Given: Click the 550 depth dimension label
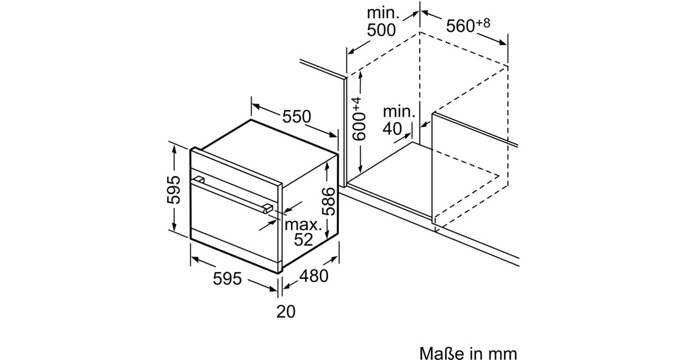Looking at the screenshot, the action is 297,117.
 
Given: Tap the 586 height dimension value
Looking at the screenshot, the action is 329,201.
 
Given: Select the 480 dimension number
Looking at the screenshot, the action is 314,276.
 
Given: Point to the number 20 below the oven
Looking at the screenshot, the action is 286,311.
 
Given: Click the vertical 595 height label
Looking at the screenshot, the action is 174,190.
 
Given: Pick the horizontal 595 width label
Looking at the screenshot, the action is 228,279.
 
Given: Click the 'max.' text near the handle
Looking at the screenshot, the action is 303,225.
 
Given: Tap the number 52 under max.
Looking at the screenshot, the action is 303,239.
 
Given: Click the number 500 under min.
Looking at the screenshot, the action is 381,30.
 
